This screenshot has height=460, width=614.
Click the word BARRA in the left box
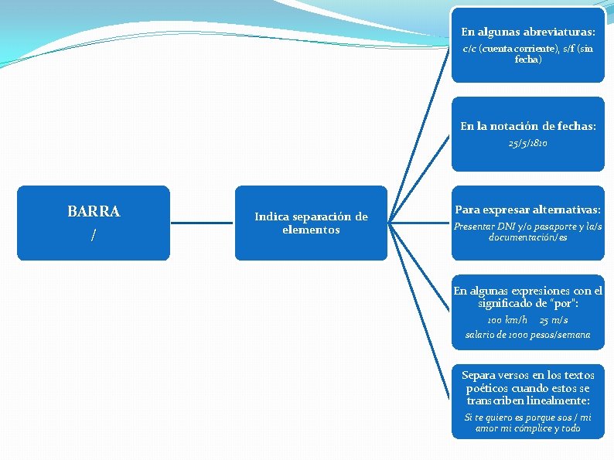[94, 211]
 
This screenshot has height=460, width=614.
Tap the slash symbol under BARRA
[94, 235]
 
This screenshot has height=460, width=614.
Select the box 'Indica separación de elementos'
[311, 223]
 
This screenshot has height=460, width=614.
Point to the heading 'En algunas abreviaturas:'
[528, 32]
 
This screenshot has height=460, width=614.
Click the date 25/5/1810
[528, 143]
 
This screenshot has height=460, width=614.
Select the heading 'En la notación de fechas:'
[528, 125]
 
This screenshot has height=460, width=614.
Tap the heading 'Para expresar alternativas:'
[528, 210]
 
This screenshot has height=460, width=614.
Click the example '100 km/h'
[507, 320]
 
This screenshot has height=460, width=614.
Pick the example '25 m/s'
[554, 320]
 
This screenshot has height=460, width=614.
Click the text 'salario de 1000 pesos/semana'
[528, 335]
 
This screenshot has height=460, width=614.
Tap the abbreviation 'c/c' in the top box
[469, 49]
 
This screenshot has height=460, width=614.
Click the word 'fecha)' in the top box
[528, 59]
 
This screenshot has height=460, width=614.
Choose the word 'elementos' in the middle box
[311, 230]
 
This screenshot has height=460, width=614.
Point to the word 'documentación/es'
[528, 237]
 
